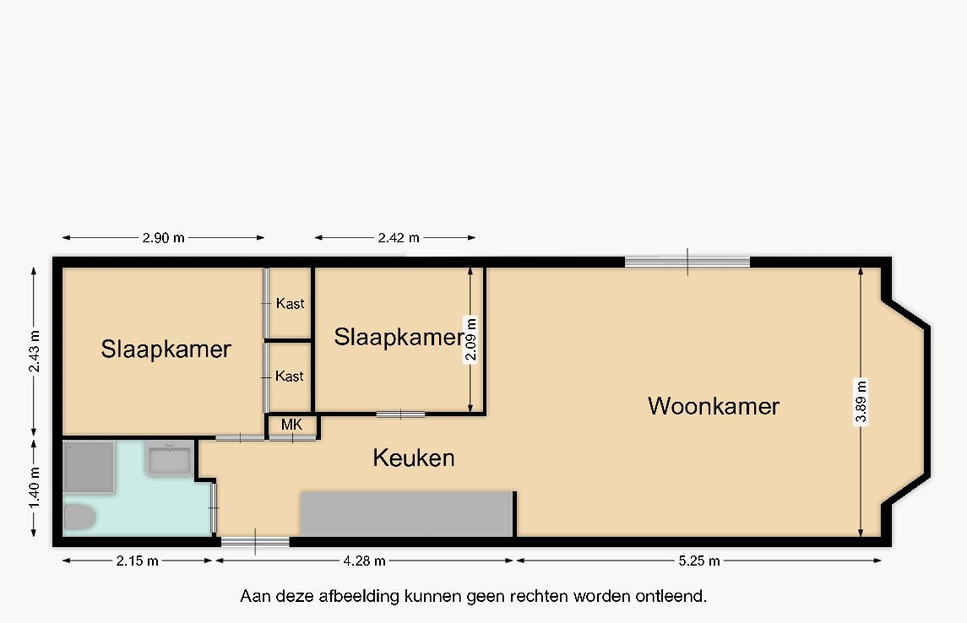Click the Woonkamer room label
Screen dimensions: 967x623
tap(714, 406)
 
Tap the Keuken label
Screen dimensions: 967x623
tap(414, 458)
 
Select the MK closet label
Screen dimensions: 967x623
tap(291, 425)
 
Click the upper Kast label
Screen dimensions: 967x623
tap(290, 303)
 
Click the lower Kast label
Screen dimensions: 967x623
tap(289, 376)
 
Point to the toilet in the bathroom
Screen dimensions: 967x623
tap(79, 517)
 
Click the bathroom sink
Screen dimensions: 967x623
tap(168, 459)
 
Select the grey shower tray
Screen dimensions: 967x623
tap(89, 467)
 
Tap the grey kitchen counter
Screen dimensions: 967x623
tap(407, 514)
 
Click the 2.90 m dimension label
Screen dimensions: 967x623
tap(164, 238)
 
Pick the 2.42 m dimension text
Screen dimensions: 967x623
tap(399, 238)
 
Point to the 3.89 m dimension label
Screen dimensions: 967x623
tap(861, 402)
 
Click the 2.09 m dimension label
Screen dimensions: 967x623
tap(470, 339)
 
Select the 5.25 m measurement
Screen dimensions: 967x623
tap(698, 561)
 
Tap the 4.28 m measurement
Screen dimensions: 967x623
tap(365, 561)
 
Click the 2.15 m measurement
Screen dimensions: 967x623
tap(137, 561)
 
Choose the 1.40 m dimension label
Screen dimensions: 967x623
tap(34, 487)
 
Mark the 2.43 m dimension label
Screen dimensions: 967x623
tap(34, 351)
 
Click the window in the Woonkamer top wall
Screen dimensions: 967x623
tap(687, 262)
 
